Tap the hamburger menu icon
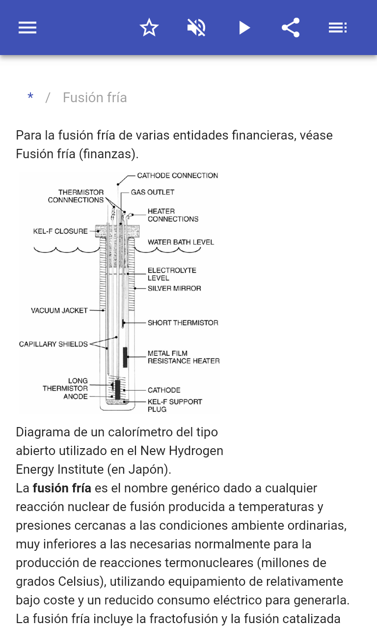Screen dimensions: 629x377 tap(27, 28)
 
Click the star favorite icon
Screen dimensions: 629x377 tap(149, 28)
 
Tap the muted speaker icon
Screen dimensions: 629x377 tap(196, 28)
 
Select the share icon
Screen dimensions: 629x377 tap(291, 28)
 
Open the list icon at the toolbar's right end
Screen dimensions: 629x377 tap(338, 28)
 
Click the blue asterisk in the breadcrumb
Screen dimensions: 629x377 tap(30, 98)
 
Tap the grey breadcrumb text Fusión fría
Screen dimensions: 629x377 tap(95, 98)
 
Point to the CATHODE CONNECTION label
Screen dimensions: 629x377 tap(177, 175)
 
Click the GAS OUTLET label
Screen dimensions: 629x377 tap(152, 192)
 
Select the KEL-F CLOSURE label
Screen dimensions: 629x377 tap(60, 231)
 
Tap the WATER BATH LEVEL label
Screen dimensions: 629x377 tap(181, 242)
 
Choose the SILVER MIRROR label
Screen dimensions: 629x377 tap(174, 288)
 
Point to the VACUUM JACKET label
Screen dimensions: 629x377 tap(59, 311)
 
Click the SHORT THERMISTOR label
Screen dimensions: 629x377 tap(183, 323)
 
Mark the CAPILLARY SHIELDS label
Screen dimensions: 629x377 tap(53, 344)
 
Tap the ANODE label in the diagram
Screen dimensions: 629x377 tap(76, 397)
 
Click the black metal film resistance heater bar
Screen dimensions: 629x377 tap(125, 357)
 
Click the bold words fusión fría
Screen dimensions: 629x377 tap(62, 488)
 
